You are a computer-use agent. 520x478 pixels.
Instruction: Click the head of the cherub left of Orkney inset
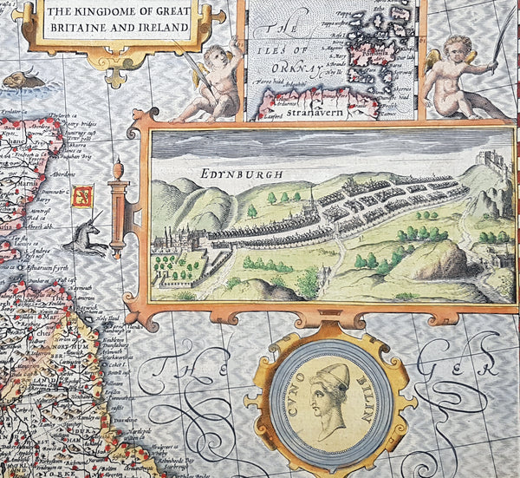(227, 52)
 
